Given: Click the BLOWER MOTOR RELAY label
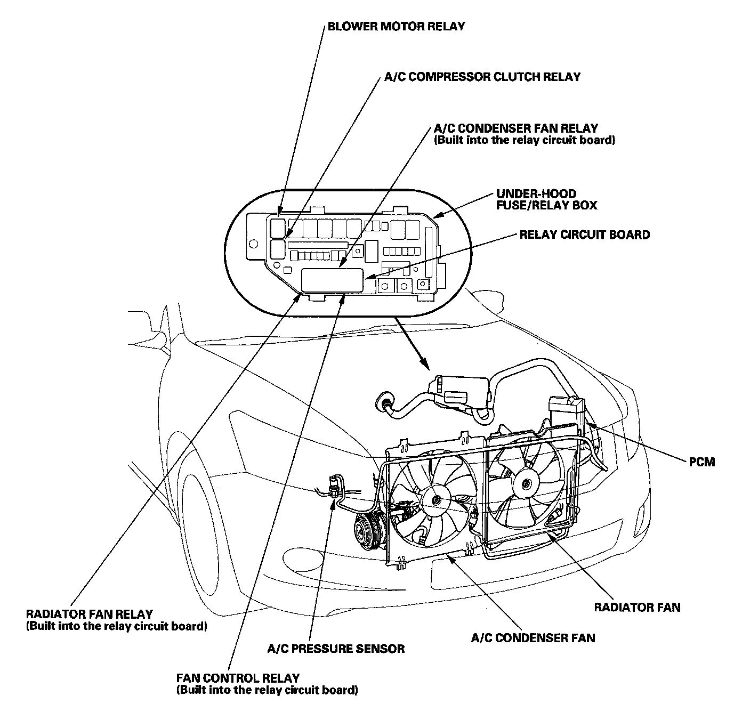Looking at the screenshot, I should tap(396, 26).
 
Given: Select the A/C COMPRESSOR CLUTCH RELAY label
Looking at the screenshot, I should tap(482, 77).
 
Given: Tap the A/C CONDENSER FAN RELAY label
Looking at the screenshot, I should tap(516, 128).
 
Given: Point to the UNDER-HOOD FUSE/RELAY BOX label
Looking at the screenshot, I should tap(546, 199).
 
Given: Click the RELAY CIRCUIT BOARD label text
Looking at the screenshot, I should tap(585, 234).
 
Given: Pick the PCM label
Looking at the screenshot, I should tap(702, 462).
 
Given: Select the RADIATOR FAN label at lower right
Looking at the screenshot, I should tap(637, 607).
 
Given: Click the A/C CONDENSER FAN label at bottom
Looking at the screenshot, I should tap(533, 638).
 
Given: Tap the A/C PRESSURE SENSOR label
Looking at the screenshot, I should tap(336, 649).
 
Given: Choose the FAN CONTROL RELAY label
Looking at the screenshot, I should tap(238, 678).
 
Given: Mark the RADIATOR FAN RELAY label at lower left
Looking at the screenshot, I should tap(90, 614).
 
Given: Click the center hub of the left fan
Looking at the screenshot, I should tap(436, 500).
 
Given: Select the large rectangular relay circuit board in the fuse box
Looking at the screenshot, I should tap(332, 280).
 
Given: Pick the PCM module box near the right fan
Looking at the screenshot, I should tap(567, 408).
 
